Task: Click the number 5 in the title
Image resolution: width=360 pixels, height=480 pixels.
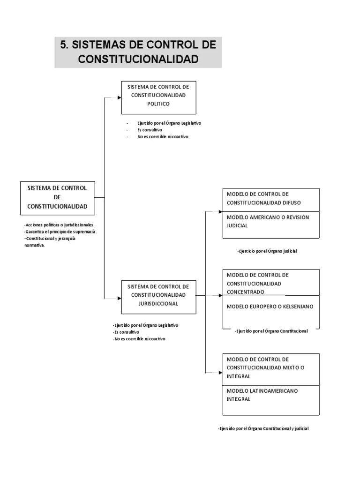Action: click(x=64, y=45)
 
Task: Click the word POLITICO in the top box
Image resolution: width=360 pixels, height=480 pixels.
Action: click(x=158, y=104)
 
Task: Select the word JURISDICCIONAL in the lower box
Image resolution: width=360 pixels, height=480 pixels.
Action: click(x=158, y=303)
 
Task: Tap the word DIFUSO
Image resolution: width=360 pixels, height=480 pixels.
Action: click(x=292, y=202)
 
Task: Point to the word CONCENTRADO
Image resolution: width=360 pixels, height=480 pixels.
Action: click(x=245, y=292)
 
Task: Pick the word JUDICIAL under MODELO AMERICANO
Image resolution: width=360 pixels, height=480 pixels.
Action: click(x=237, y=225)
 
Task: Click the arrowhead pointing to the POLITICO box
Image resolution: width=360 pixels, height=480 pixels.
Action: click(x=119, y=97)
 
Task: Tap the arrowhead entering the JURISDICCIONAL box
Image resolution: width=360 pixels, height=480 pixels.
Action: click(x=119, y=298)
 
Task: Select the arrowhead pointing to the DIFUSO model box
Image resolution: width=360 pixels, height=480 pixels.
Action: click(x=220, y=212)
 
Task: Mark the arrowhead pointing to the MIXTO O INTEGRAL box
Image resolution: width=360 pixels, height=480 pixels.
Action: click(x=220, y=373)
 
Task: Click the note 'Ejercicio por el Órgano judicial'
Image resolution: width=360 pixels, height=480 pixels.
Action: click(x=268, y=251)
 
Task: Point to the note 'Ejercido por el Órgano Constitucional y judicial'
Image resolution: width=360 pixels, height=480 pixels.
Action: click(x=263, y=428)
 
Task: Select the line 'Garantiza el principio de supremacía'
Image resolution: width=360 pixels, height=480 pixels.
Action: click(x=61, y=232)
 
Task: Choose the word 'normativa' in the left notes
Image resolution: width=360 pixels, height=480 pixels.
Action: click(x=35, y=245)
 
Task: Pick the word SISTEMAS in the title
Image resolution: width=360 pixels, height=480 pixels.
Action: click(x=96, y=45)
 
